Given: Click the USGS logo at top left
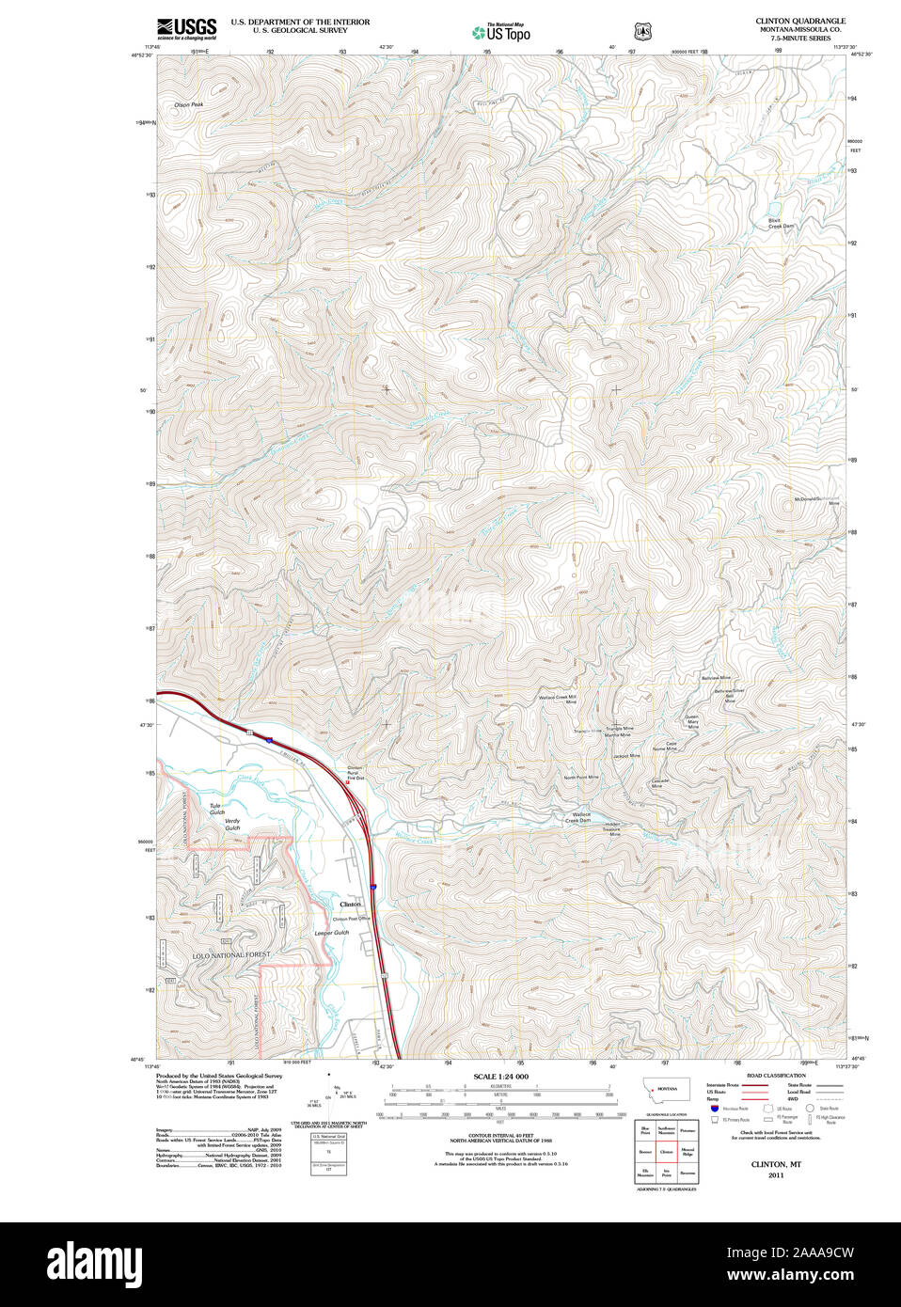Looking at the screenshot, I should (186, 26).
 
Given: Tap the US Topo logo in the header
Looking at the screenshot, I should (501, 32).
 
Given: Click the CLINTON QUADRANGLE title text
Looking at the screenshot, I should (799, 21).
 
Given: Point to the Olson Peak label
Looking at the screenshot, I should (188, 104).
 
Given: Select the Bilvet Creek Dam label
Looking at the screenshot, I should (782, 223).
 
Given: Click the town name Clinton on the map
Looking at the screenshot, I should (350, 904).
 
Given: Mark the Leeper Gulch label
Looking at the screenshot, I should (331, 933).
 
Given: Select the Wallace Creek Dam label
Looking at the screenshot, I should (577, 817).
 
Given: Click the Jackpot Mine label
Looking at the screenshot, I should (626, 756).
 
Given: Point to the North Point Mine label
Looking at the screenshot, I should (581, 778).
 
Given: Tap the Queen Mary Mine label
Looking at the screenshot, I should (691, 721).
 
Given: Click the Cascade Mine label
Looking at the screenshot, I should (660, 782).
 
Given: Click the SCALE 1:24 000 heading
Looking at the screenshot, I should (500, 1076).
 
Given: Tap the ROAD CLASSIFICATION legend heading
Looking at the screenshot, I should (776, 1075).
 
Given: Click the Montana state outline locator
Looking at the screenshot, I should (666, 1089).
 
